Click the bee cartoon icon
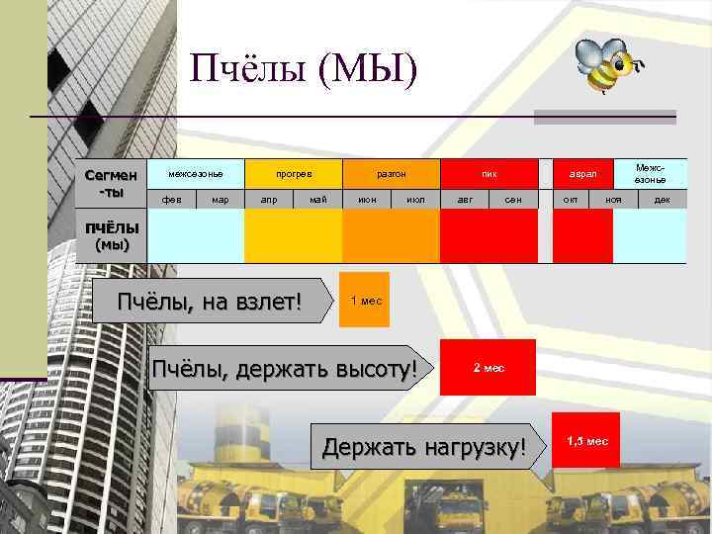tap(606, 67)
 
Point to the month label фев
tap(171, 200)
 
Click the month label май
tap(317, 200)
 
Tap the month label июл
tap(415, 200)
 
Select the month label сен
tap(513, 200)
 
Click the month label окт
tap(571, 200)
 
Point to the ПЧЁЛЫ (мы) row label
tap(111, 236)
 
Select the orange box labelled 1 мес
tap(365, 300)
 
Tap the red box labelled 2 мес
tap(488, 367)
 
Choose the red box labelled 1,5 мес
tap(585, 440)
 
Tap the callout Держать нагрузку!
tap(424, 447)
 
